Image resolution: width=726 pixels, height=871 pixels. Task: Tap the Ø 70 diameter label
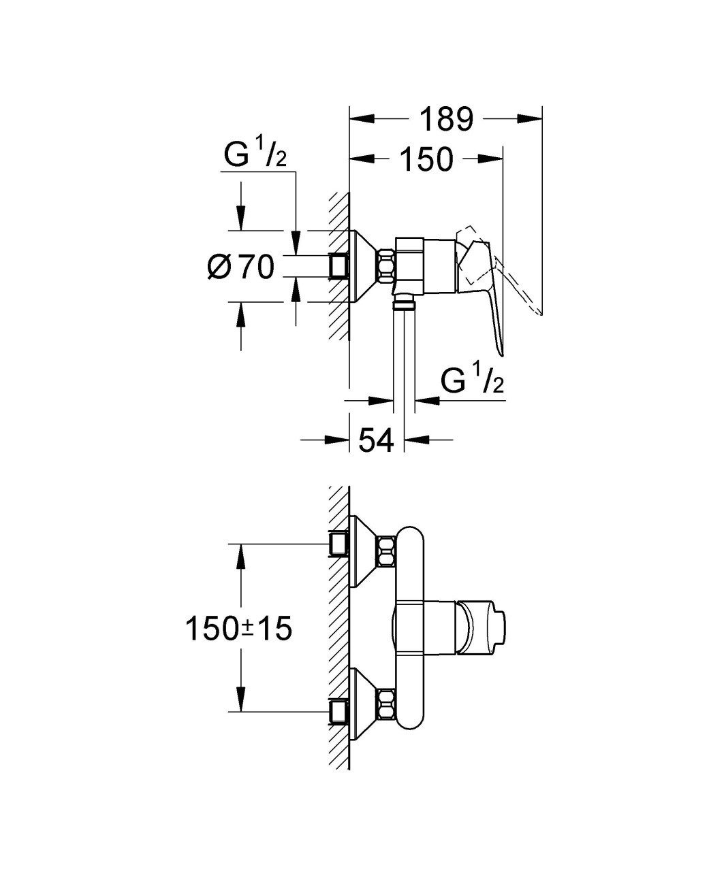240,267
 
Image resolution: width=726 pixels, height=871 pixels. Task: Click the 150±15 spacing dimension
238,629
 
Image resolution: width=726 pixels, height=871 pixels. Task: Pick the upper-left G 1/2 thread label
255,156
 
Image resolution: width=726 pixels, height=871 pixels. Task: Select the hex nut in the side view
386,266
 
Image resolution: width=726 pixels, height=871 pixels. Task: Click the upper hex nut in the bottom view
386,551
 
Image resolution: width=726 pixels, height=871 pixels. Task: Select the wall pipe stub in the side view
338,266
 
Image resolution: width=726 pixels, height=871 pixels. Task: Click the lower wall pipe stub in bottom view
338,712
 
